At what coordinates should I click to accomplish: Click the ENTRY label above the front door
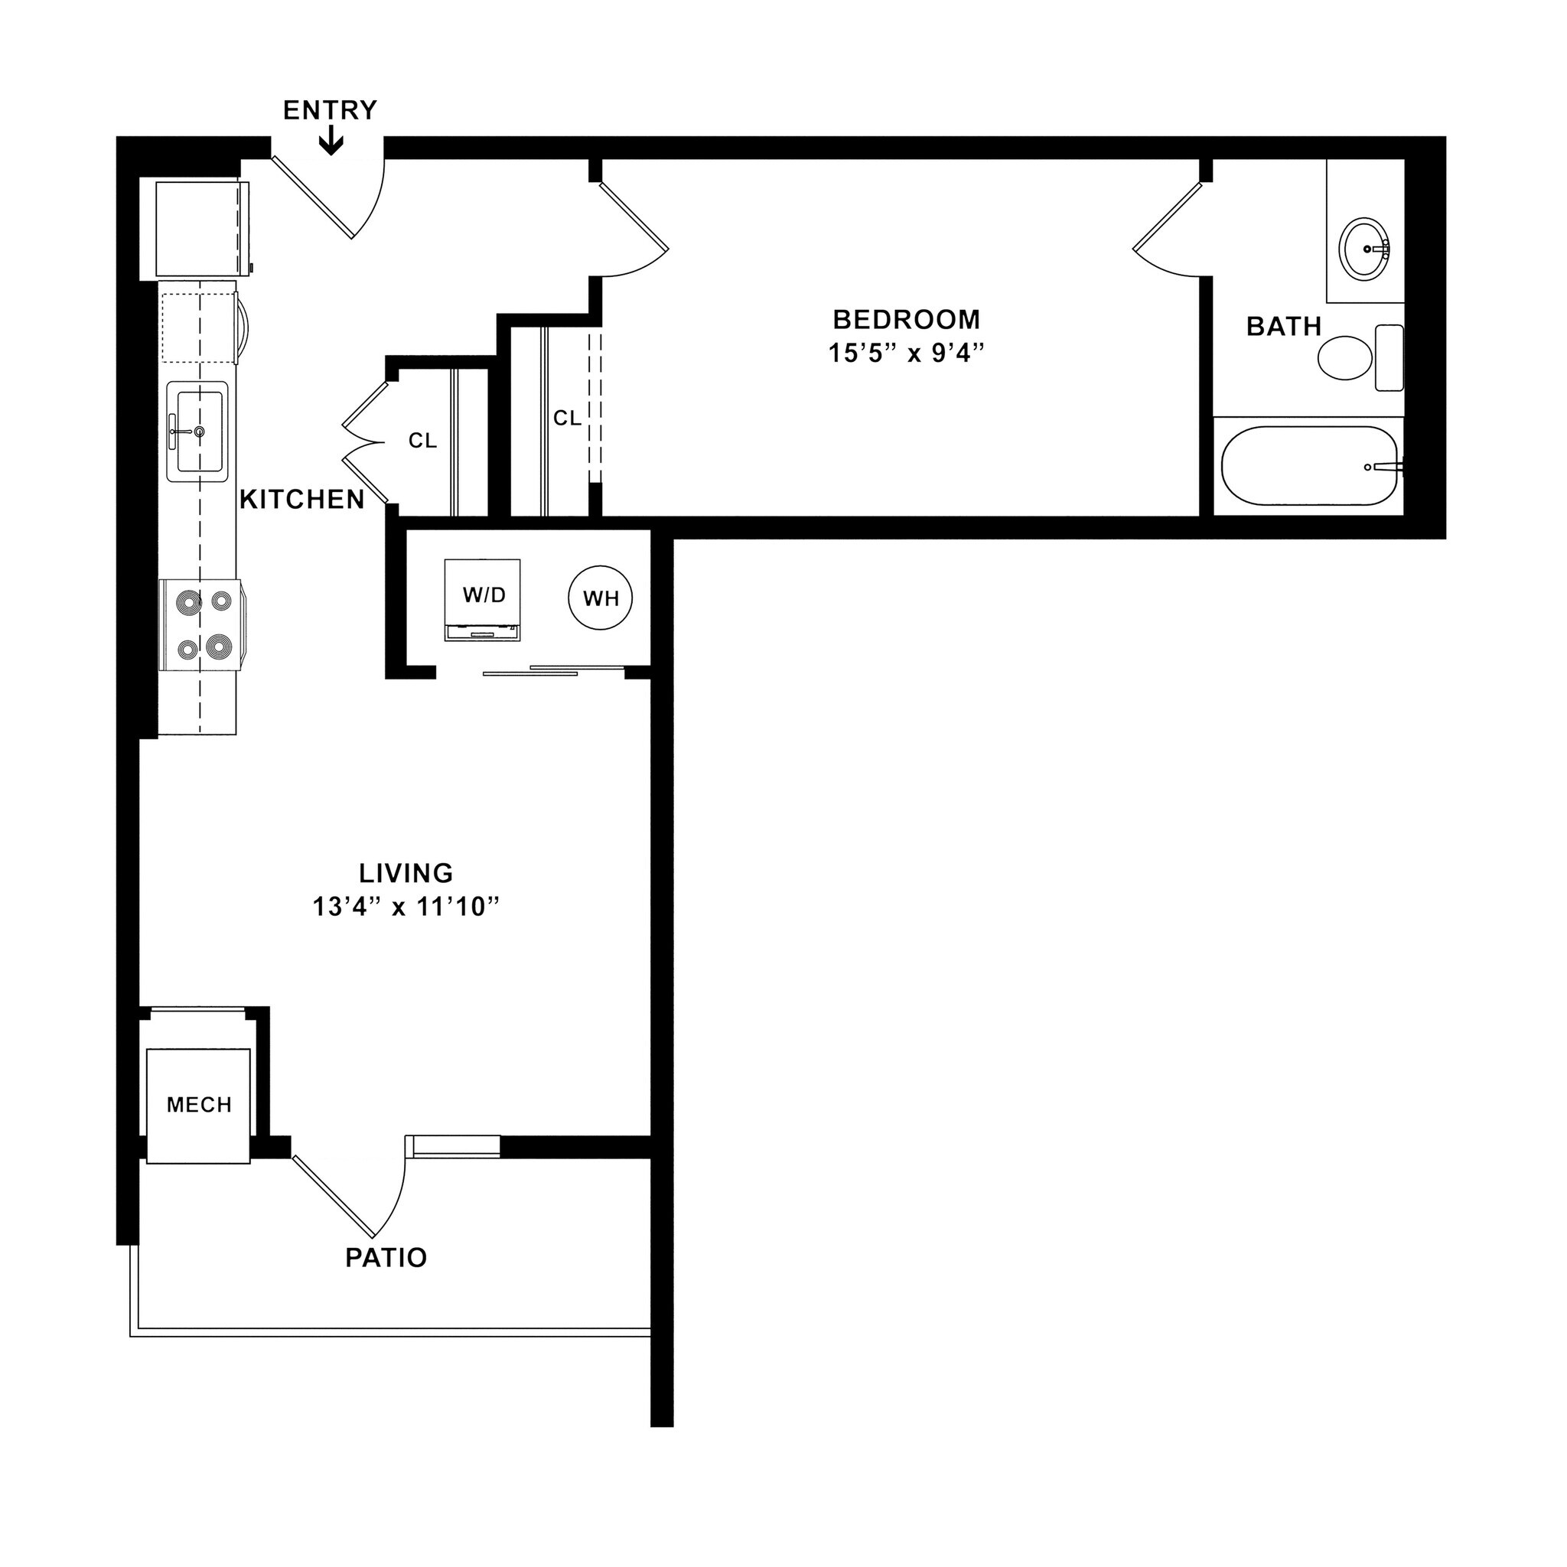pos(330,110)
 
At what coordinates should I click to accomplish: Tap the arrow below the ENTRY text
pos(331,144)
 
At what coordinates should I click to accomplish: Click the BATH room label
pos(1284,327)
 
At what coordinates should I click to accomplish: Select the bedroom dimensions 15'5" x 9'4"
pos(906,353)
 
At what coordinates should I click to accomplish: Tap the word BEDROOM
pos(906,320)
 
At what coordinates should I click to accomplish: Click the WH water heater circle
pos(600,598)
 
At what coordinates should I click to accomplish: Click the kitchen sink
pos(197,432)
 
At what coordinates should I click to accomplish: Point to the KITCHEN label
pos(301,500)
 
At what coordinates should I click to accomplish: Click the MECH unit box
pos(199,1105)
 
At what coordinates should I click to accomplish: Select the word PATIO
pos(386,1257)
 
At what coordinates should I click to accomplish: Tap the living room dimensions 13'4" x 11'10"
pos(406,907)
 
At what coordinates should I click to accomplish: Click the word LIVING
pos(406,873)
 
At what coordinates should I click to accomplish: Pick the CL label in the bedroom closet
pos(567,418)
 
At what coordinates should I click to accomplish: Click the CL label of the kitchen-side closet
pos(422,441)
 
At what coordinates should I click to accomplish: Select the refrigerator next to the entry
pos(202,230)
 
